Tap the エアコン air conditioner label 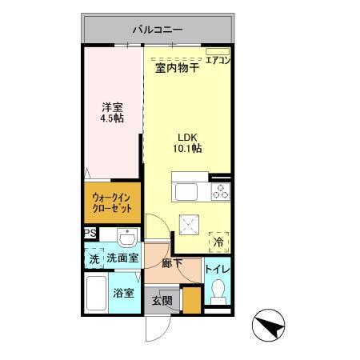point(218,59)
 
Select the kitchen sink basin point(186,192)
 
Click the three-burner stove point(220,192)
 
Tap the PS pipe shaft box point(89,233)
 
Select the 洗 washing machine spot point(94,258)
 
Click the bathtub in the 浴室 point(97,297)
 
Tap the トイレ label point(217,270)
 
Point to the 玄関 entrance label point(162,301)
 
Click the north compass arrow point(270,325)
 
